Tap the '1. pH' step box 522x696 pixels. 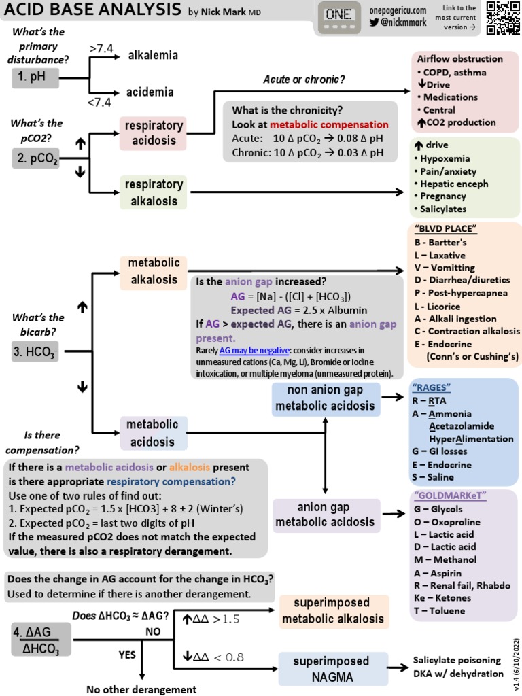(x=35, y=79)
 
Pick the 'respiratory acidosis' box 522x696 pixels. (x=154, y=133)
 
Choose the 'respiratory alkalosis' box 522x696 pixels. (x=154, y=192)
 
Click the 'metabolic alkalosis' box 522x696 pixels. (x=154, y=271)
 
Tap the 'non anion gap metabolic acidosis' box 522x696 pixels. (x=326, y=398)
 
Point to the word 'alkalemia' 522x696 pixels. (x=153, y=55)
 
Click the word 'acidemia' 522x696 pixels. (x=150, y=92)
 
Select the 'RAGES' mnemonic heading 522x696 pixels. (x=432, y=387)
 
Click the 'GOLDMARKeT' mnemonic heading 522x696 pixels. (x=446, y=495)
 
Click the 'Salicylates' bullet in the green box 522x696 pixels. (x=449, y=209)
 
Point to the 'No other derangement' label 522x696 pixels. (x=141, y=689)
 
